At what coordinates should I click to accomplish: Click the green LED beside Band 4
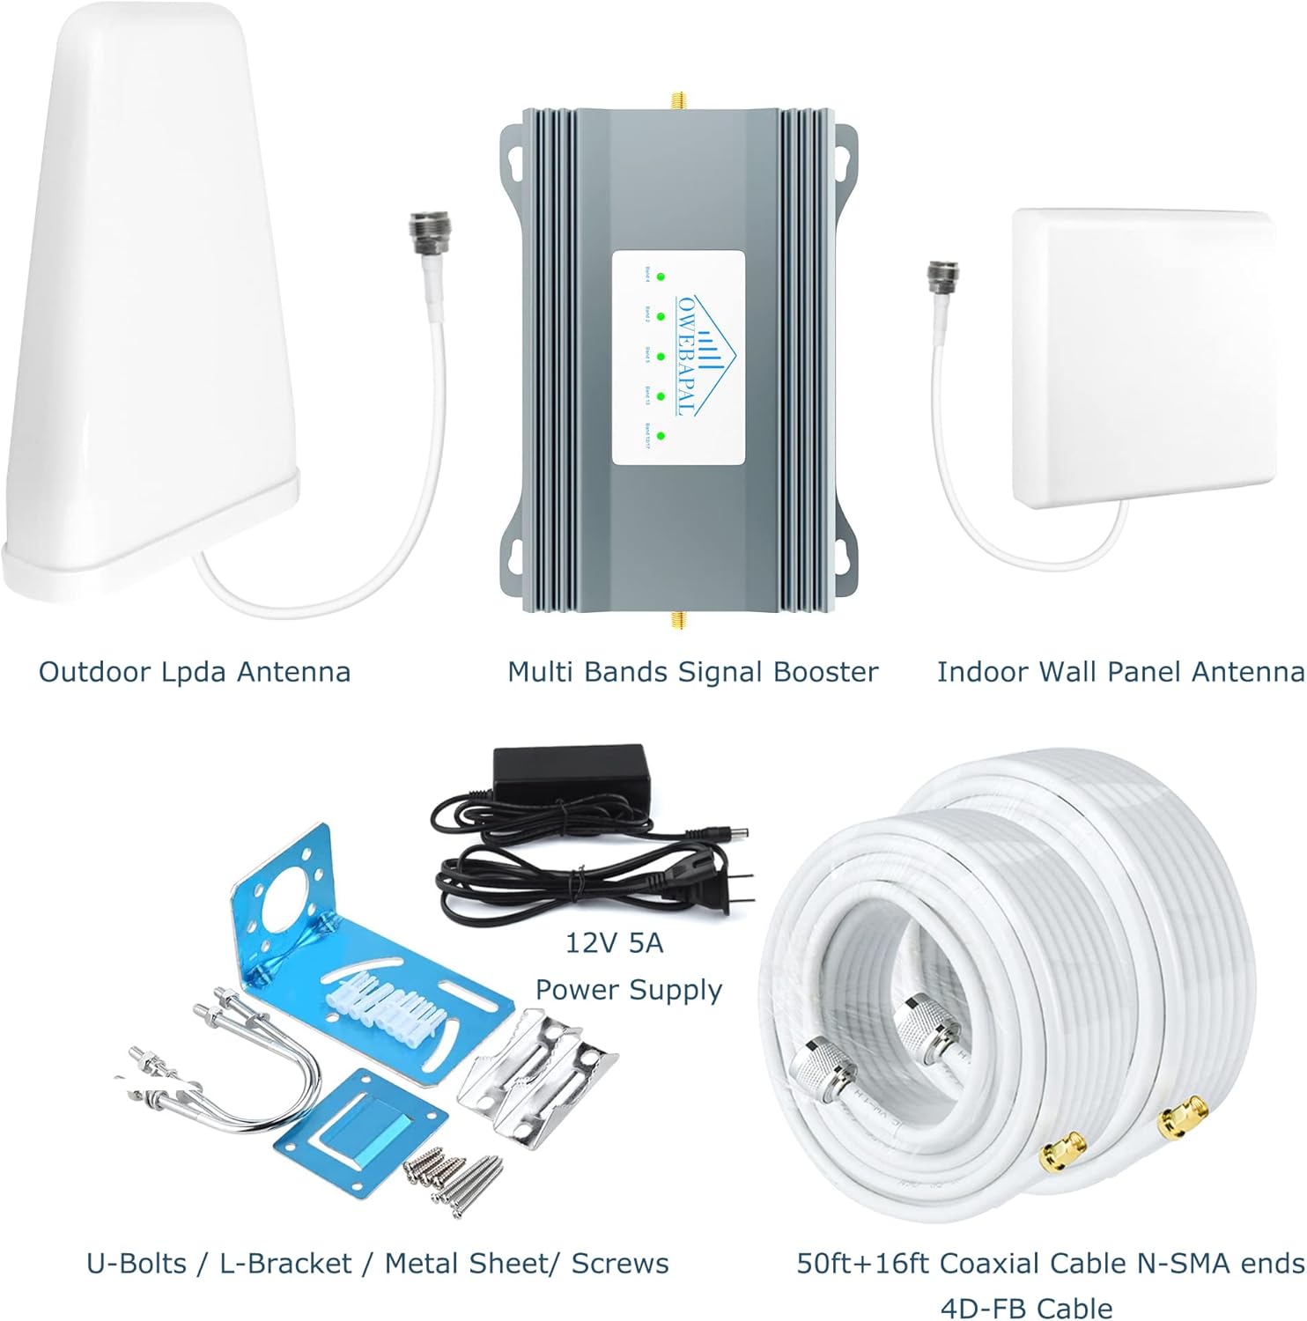661,277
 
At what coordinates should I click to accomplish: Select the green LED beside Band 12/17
661,436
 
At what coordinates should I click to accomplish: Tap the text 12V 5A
614,943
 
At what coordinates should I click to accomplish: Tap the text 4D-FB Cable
1026,1308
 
